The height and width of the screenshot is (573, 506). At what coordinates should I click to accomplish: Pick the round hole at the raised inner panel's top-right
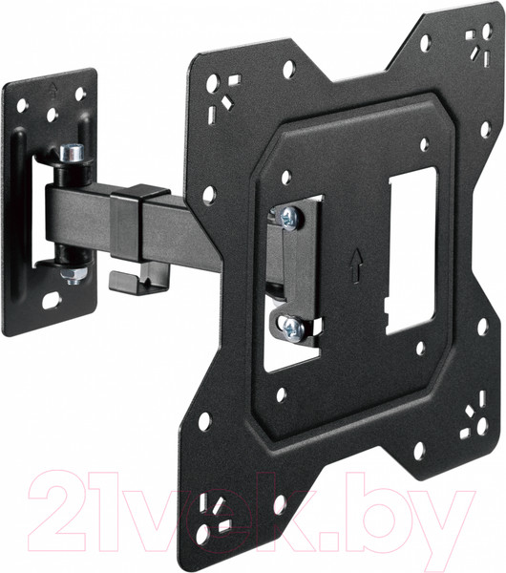pos(424,145)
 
